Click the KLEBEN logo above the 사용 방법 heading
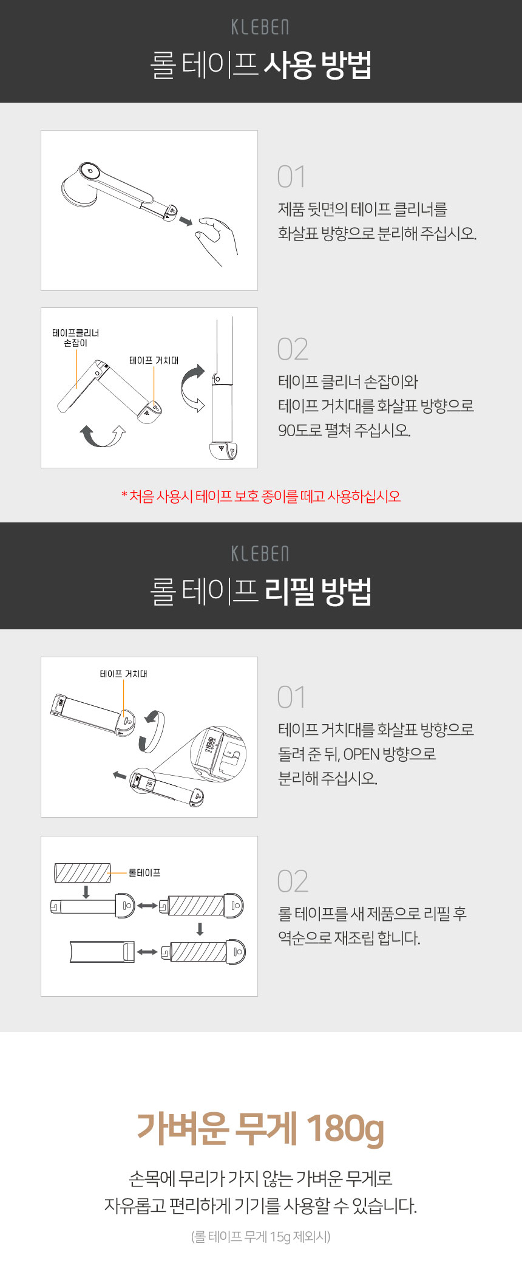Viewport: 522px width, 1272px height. pos(260,27)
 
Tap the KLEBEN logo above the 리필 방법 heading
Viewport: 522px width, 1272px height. pos(260,554)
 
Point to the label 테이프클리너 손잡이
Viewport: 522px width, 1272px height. pos(76,338)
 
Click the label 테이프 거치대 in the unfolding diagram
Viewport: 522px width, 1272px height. pos(154,360)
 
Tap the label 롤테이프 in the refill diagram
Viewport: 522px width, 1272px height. pos(144,873)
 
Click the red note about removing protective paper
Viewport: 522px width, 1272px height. pos(261,496)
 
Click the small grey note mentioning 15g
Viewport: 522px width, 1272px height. pos(261,1236)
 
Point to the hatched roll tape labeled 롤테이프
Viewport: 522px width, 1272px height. pos(83,873)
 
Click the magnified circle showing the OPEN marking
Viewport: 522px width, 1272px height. pos(219,753)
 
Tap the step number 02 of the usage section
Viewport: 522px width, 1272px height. pos(293,349)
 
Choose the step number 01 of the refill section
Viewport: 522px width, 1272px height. pos(291,697)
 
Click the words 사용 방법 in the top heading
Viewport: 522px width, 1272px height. pos(317,65)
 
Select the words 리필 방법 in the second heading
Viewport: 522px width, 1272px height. pos(317,591)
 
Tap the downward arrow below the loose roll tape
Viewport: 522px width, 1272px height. pos(86,892)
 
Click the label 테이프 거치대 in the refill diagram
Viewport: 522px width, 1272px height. pos(124,674)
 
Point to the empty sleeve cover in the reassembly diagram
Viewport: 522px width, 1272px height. pos(102,952)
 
